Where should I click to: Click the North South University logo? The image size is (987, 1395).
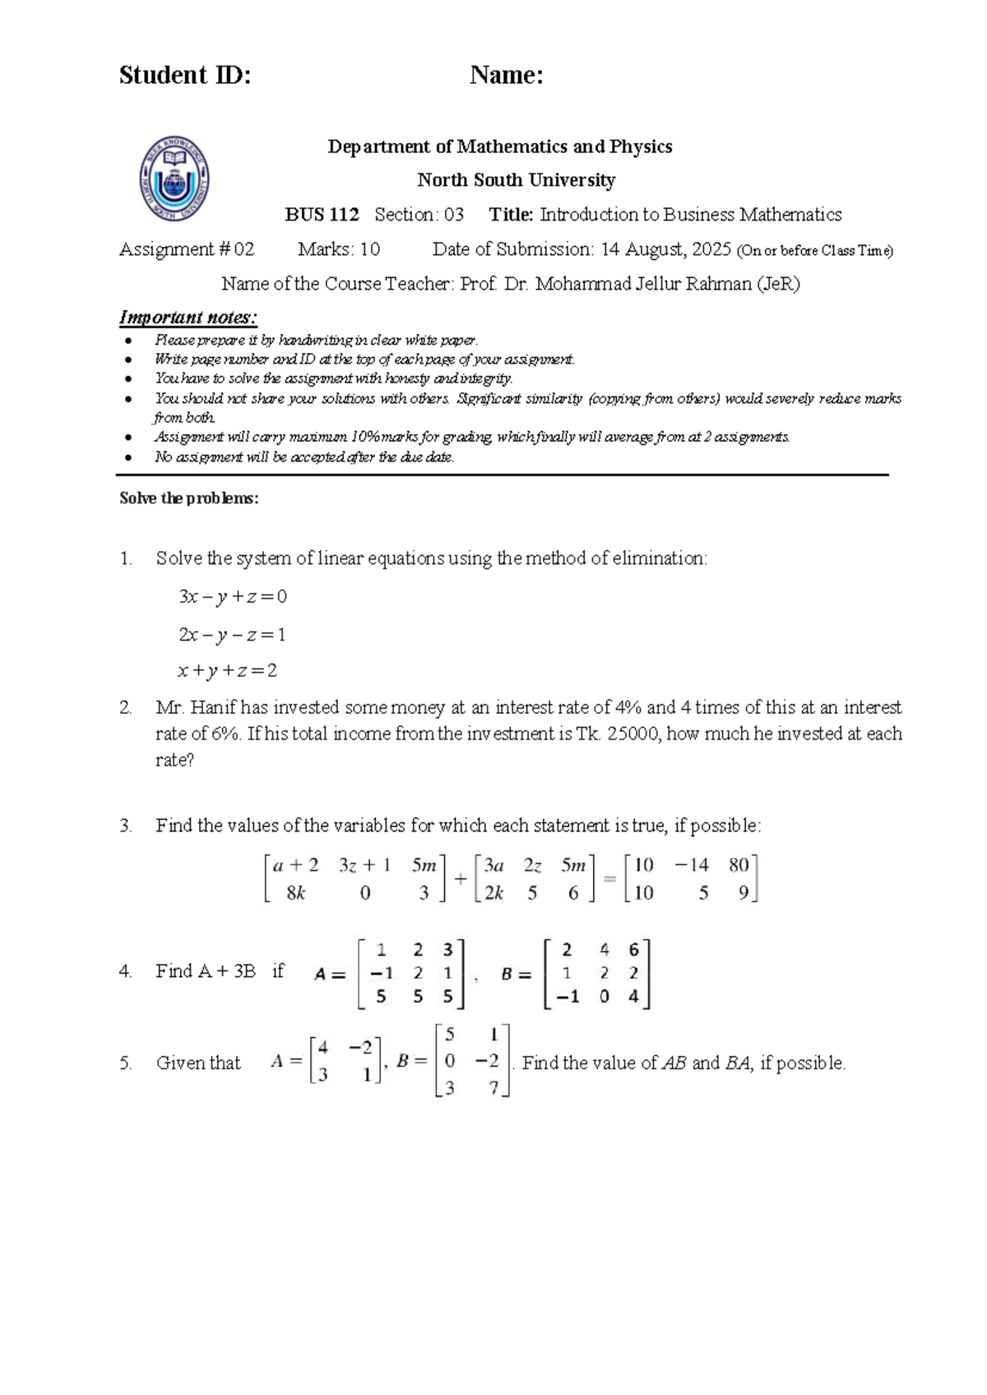pos(174,178)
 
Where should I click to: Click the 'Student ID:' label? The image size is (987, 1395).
pos(185,76)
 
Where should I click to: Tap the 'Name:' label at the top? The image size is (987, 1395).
pos(506,76)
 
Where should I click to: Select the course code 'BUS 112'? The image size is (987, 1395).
pos(322,215)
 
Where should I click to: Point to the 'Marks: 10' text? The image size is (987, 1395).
pos(339,249)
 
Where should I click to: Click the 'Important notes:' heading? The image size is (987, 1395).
pos(188,317)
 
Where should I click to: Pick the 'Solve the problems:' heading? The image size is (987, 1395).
pos(189,498)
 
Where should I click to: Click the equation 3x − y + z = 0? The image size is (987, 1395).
pos(233,597)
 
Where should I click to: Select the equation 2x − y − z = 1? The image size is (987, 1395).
pos(232,635)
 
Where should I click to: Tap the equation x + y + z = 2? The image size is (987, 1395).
pos(228,671)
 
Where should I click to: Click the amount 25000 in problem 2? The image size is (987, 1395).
pos(633,734)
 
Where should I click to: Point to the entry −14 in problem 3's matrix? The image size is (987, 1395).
pos(691,865)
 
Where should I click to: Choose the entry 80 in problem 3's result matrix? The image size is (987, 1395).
pos(739,865)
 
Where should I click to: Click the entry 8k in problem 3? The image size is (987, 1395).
pos(296,893)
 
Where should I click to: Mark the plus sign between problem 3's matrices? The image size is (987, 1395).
pos(460,879)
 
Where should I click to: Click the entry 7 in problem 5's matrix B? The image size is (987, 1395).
pos(493,1088)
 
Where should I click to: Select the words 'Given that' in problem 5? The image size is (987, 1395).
pos(198,1064)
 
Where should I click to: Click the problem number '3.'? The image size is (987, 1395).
pos(126,826)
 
